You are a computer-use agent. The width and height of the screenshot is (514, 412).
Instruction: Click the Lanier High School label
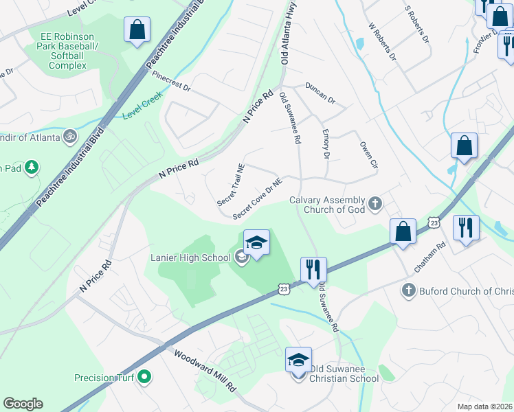[190, 257]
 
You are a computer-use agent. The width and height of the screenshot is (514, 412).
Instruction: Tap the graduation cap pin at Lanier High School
[256, 244]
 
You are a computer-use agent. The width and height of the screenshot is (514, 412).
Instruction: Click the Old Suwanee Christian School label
[344, 378]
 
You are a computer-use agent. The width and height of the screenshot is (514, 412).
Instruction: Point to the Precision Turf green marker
[144, 376]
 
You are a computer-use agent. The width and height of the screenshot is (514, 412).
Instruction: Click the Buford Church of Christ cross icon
[409, 290]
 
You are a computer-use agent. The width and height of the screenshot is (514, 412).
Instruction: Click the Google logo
[23, 404]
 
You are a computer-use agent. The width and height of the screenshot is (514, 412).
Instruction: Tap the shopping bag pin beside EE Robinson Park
[137, 30]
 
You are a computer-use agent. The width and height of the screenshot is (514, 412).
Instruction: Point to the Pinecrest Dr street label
[171, 80]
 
